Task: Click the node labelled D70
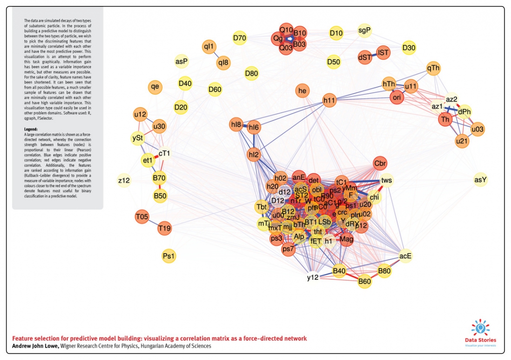240,37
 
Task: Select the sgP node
365,30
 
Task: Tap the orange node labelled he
302,91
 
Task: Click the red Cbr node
380,164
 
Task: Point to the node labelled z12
124,180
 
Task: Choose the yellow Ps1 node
169,256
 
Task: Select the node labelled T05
142,217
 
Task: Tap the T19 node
164,229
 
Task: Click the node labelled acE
405,256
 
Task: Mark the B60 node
365,282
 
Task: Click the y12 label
312,277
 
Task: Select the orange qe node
155,86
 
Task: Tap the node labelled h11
329,100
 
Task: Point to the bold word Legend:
31,129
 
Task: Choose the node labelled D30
409,48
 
